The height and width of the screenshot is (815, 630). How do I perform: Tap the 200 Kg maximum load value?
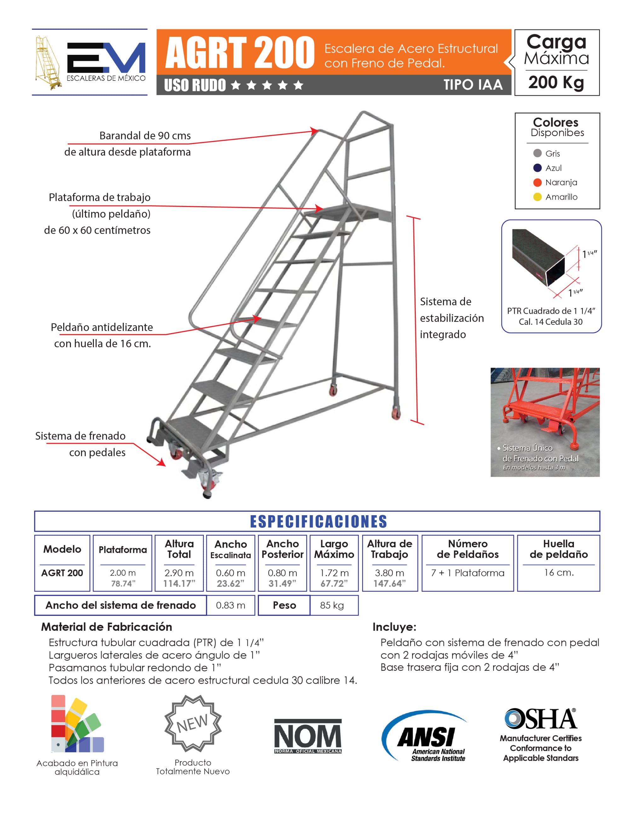(556, 83)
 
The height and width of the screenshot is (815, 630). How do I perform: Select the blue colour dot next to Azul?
(537, 168)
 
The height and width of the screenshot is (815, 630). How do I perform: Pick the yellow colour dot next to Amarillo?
(537, 197)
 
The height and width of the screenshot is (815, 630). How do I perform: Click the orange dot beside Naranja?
(537, 182)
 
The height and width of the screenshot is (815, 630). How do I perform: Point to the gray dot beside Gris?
(537, 153)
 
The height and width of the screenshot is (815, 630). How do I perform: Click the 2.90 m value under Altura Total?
(179, 573)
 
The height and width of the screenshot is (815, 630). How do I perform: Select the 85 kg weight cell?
(332, 605)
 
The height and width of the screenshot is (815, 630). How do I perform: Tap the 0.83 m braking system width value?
(231, 605)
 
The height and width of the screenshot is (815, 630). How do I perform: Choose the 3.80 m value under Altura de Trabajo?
(390, 573)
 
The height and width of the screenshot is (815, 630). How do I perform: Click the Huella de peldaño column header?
(559, 549)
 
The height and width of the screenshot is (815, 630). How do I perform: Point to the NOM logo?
(308, 736)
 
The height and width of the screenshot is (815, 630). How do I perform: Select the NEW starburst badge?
(193, 723)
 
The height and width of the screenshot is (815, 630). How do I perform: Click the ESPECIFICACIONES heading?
(318, 521)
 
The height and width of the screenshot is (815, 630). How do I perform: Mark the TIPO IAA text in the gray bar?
(473, 85)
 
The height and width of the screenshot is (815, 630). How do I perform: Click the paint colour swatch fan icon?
(77, 724)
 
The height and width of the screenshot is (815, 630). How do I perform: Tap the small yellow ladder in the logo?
(48, 62)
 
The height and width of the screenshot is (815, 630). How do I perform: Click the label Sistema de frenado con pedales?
(81, 444)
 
